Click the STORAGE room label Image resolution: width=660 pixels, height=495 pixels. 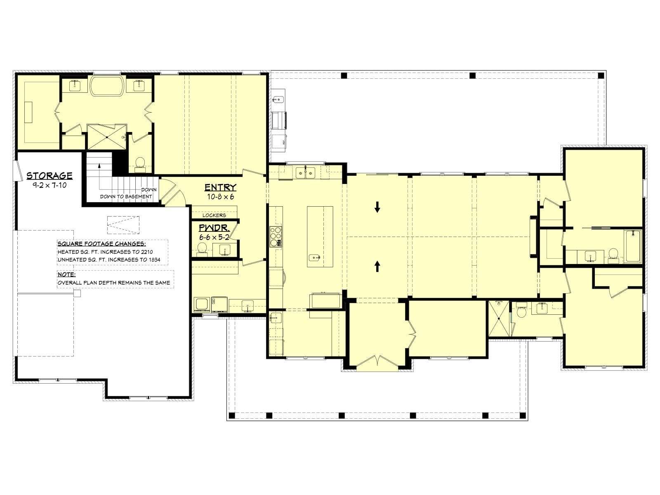[49, 176]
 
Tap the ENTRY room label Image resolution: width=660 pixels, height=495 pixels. [220, 188]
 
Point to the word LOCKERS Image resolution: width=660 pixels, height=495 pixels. [214, 215]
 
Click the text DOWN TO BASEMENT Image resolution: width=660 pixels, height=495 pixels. [126, 197]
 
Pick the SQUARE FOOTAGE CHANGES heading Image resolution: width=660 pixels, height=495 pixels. [101, 244]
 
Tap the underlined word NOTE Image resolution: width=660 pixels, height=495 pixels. [66, 275]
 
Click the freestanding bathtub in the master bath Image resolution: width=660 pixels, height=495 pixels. [107, 86]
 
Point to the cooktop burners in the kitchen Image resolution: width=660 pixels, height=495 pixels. [276, 236]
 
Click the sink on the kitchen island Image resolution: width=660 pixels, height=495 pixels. [314, 257]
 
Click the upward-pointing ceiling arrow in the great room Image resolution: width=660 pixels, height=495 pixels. [377, 266]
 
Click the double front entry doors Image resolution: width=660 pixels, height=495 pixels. [377, 362]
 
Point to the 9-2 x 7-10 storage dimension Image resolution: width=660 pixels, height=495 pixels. [49, 186]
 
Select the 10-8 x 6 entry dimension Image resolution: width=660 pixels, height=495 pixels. [220, 197]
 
